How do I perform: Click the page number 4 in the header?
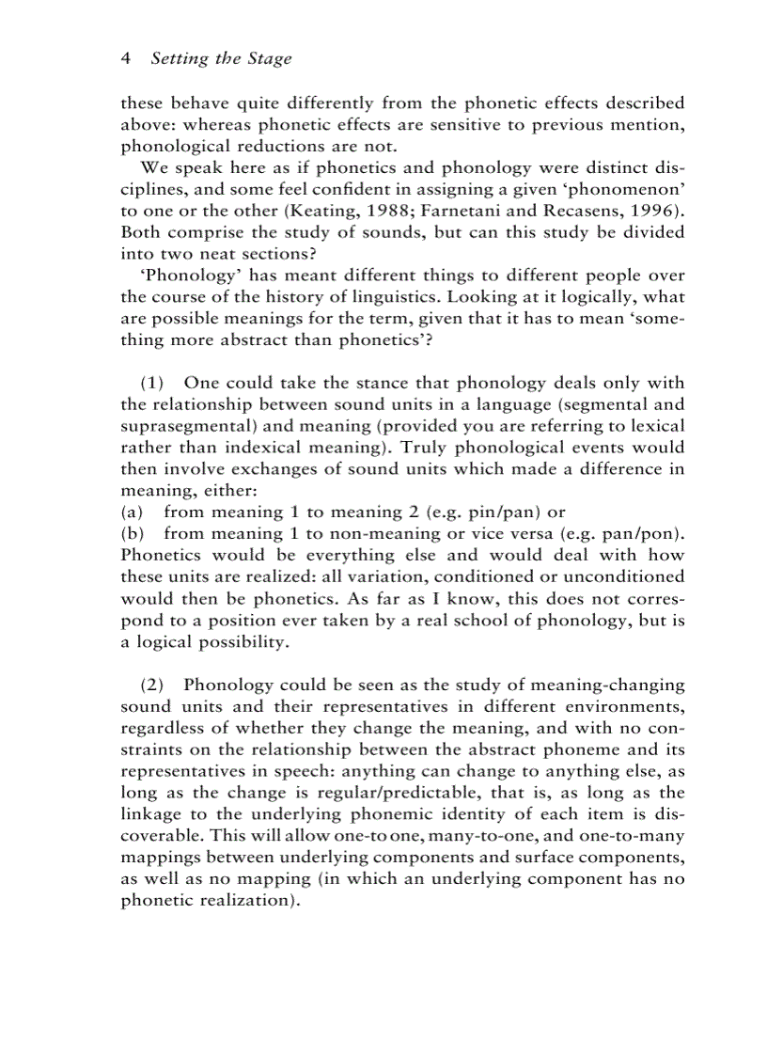126,58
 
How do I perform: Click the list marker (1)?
152,383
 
